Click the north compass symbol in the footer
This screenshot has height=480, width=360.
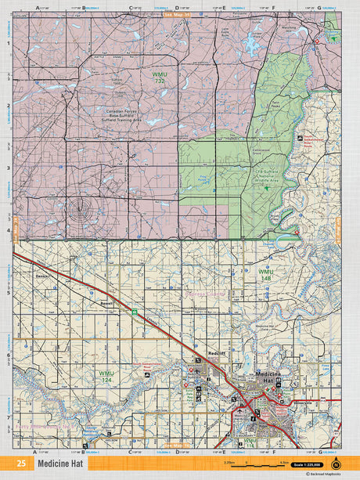(337, 462)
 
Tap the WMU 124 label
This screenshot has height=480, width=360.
(106, 375)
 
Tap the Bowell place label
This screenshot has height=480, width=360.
(106, 303)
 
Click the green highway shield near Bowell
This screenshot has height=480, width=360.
(134, 312)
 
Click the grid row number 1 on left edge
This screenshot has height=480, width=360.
(8, 44)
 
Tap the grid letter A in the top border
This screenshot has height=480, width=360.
(37, 9)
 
